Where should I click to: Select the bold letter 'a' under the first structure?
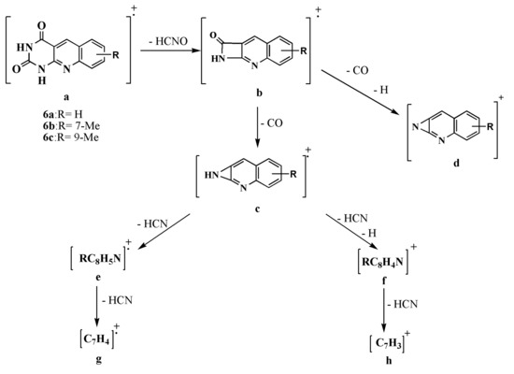point(66,97)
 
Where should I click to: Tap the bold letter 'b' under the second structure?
point(259,93)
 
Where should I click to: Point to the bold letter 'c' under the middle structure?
point(257,209)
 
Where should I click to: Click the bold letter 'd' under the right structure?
point(456,163)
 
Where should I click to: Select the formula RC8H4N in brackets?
point(383,262)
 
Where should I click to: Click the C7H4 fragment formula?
point(96,338)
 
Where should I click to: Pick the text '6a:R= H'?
point(63,114)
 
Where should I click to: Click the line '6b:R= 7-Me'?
point(71,125)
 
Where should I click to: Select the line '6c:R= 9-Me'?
point(70,137)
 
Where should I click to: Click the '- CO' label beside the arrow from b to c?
point(272,123)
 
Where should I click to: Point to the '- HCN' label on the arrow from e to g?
point(118,300)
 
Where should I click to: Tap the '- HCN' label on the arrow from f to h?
point(403,305)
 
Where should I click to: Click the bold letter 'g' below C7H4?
point(98,360)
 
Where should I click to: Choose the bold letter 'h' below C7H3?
point(389,361)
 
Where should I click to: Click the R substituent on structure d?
point(490,126)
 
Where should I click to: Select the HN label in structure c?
point(211,175)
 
